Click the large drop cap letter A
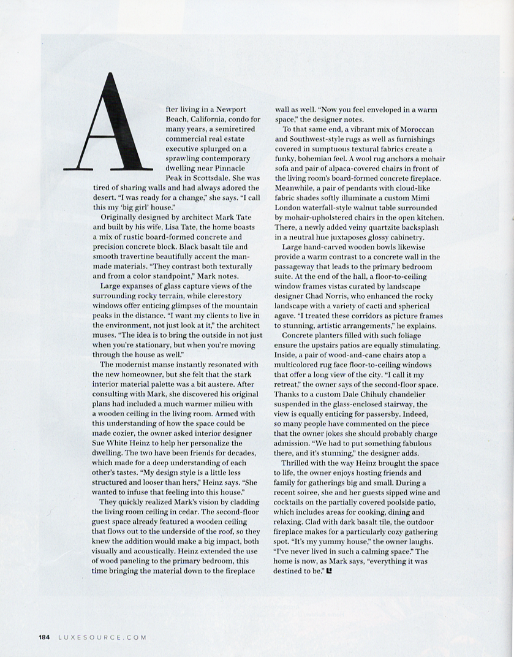click(108, 123)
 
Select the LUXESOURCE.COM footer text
click(102, 637)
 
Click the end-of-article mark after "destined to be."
click(330, 571)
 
